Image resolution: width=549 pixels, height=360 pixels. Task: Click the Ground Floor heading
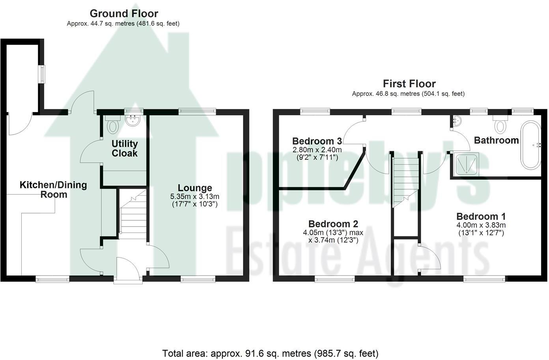(x=123, y=13)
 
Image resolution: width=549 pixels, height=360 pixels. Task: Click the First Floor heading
(x=409, y=84)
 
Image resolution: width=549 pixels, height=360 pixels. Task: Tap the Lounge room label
(x=195, y=188)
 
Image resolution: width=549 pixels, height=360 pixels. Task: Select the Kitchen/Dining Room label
(x=53, y=189)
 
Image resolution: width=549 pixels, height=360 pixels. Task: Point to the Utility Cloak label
(x=125, y=148)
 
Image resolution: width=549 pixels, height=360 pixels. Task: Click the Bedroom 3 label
(x=317, y=141)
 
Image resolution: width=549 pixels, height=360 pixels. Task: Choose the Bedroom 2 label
(x=333, y=224)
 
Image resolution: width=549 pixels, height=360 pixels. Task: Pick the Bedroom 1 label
(x=481, y=216)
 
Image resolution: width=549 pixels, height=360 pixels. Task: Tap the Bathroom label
(x=496, y=140)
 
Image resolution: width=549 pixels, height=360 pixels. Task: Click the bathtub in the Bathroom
(x=531, y=145)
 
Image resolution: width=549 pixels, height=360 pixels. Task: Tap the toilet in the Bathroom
(x=500, y=125)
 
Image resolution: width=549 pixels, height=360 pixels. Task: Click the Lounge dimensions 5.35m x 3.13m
(x=195, y=197)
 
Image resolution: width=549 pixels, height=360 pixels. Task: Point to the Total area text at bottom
(x=270, y=353)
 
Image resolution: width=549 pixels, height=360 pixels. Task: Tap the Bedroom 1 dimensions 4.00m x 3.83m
(x=481, y=225)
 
